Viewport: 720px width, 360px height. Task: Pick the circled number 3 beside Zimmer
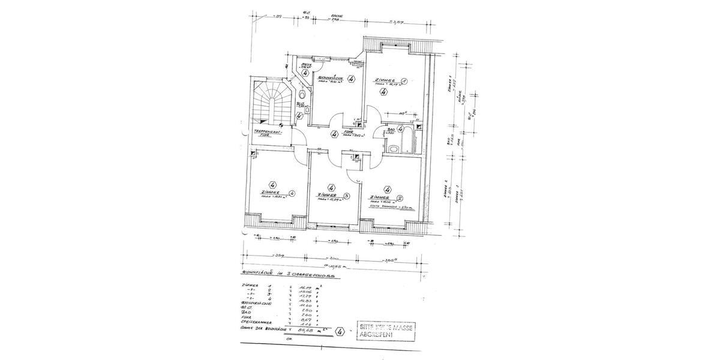(x=347, y=196)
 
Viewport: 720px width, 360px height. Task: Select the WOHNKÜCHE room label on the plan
(x=330, y=79)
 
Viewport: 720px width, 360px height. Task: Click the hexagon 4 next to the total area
(x=341, y=331)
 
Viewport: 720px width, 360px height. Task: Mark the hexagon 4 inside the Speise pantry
(x=305, y=73)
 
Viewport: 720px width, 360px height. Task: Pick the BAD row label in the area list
(x=245, y=312)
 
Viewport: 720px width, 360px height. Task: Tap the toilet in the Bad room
(x=394, y=148)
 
